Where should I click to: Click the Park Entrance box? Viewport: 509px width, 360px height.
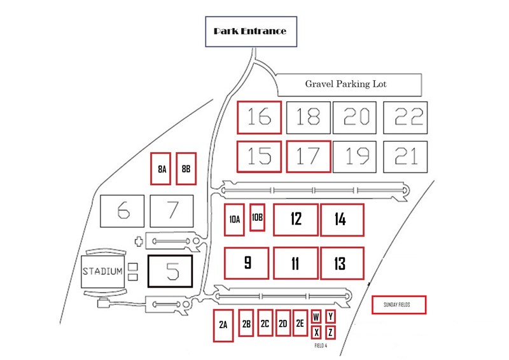pos(251,32)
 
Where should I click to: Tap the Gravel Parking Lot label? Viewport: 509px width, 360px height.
pos(345,84)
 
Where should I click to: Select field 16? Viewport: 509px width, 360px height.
pos(259,118)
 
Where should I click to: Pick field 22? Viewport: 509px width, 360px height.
pos(405,118)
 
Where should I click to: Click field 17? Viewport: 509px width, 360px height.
pos(309,156)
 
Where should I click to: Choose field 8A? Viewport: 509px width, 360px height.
pos(160,169)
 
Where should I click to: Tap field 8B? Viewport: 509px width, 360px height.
pos(186,169)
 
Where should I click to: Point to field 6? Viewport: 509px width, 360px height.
pos(122,211)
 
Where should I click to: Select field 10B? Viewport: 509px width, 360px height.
pos(257,218)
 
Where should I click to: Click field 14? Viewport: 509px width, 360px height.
pos(342,220)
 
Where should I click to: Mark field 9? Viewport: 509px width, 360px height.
pos(246,263)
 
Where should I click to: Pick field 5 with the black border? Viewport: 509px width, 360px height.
pos(170,272)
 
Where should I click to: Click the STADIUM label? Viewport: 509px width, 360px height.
pos(102,271)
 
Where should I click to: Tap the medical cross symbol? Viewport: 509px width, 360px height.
pos(139,242)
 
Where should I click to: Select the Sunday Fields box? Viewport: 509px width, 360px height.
pos(399,305)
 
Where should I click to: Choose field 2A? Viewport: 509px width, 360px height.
pos(223,326)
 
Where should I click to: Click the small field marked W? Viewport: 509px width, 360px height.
pos(316,317)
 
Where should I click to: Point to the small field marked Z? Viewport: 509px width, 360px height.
pos(330,333)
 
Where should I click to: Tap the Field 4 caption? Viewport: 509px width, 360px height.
pos(321,346)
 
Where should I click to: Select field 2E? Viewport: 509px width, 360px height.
pos(300,323)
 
